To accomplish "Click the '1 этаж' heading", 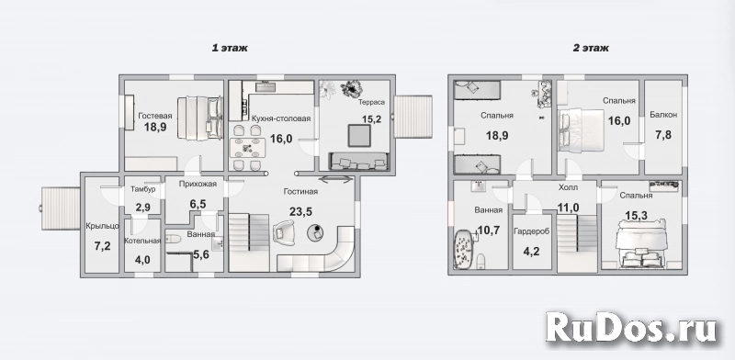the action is [230, 48].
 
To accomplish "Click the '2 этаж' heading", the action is [591, 48].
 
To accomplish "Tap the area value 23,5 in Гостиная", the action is [300, 211].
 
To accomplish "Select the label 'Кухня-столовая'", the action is [281, 118].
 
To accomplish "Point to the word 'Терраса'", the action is [372, 102].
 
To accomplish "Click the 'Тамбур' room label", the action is [142, 189].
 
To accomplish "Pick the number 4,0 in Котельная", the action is [142, 259].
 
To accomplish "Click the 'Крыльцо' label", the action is [102, 227].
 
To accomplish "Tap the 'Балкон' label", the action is [663, 115].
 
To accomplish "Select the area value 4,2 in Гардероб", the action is [532, 251].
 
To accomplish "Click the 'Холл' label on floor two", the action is [568, 187].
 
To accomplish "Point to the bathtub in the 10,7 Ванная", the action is [463, 249].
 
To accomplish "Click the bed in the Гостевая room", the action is [199, 118].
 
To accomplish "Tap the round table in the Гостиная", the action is [316, 232].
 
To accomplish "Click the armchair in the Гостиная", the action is [286, 231].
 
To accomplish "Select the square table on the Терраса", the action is [359, 137].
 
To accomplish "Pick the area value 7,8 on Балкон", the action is [663, 135].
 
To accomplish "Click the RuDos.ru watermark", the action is [631, 327].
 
